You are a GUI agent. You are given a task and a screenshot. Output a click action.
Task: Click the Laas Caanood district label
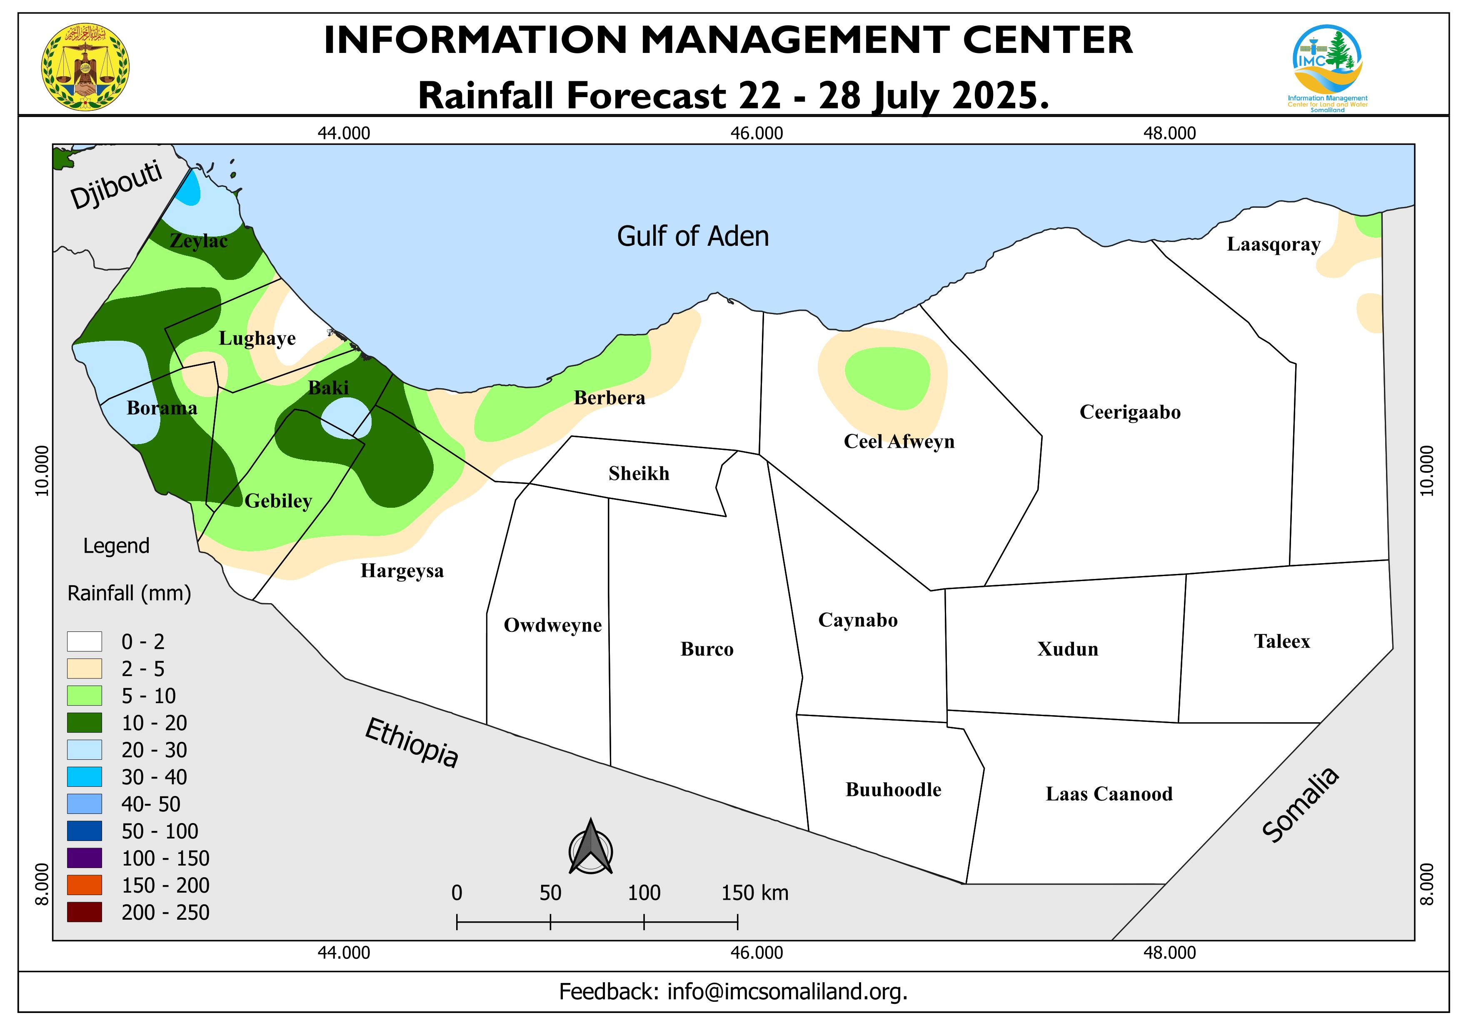click(1109, 794)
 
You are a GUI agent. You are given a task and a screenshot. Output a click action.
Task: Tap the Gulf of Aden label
click(692, 236)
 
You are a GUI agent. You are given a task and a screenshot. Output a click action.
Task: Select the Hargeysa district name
click(402, 571)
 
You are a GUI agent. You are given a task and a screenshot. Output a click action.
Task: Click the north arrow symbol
click(590, 848)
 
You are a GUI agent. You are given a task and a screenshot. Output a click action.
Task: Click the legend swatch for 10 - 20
click(84, 723)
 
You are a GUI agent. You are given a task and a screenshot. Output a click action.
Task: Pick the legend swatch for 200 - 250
click(84, 912)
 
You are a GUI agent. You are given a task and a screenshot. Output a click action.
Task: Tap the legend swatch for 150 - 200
click(84, 885)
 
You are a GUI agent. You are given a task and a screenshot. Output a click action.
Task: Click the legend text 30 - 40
click(154, 777)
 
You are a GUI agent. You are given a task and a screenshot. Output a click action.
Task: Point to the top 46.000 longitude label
click(757, 134)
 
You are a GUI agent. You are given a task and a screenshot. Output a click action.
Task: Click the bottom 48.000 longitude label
click(1169, 953)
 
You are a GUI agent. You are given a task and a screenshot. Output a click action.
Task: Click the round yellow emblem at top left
click(85, 67)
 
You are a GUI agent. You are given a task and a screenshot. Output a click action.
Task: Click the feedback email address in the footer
click(787, 992)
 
